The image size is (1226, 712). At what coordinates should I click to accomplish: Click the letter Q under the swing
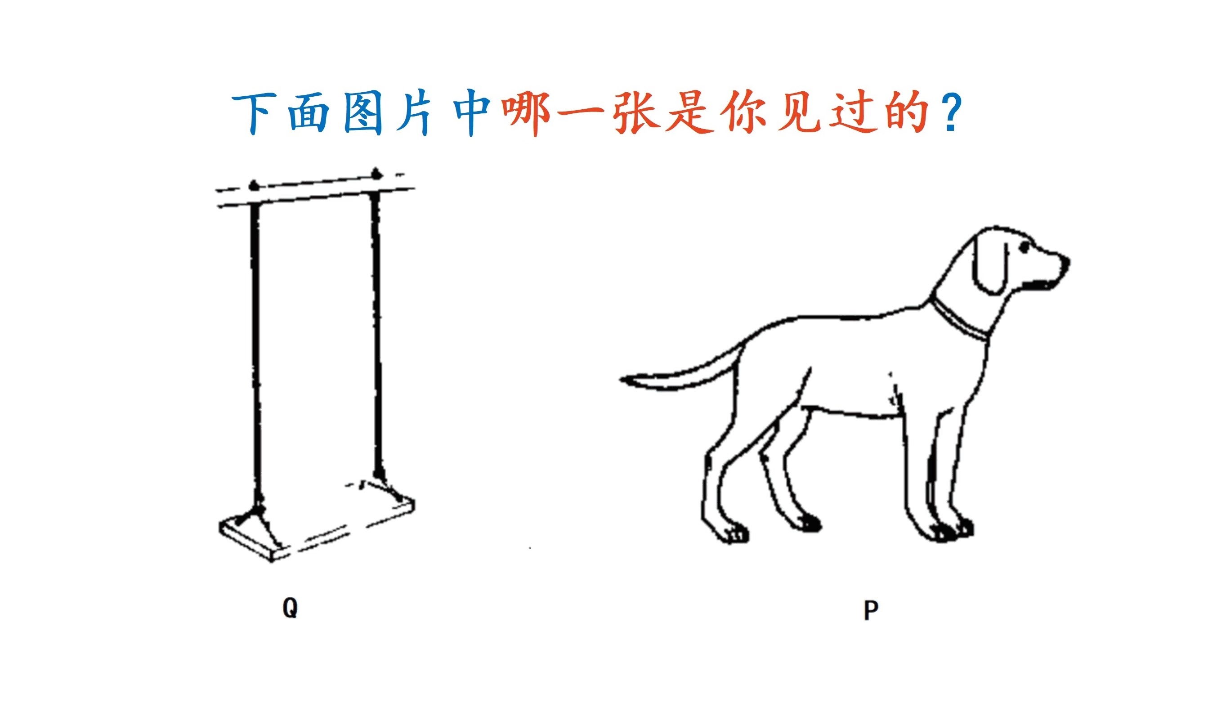pos(290,608)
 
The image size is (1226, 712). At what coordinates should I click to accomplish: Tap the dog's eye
pos(1024,247)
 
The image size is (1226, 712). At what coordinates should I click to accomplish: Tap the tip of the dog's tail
pos(621,379)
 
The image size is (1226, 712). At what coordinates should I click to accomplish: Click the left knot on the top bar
pos(253,185)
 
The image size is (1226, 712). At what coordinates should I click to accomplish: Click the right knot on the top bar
pos(376,173)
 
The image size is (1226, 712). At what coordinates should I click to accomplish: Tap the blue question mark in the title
pos(951,113)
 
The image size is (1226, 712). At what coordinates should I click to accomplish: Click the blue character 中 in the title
pos(471,113)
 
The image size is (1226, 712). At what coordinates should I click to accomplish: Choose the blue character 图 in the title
pos(362,114)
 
